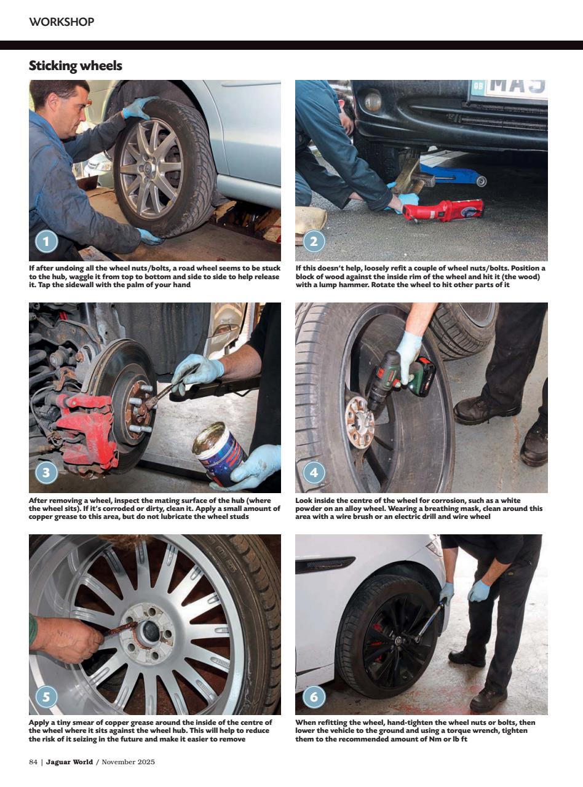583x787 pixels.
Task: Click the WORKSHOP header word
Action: [x=61, y=22]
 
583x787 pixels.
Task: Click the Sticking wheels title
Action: [x=75, y=66]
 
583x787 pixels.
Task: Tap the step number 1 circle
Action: [x=46, y=241]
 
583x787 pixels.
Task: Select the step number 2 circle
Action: [x=313, y=241]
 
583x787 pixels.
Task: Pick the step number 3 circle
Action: [x=46, y=472]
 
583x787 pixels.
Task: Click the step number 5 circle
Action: [x=46, y=697]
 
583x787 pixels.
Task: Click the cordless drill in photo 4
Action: [x=394, y=375]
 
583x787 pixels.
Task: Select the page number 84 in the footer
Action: [x=33, y=762]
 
